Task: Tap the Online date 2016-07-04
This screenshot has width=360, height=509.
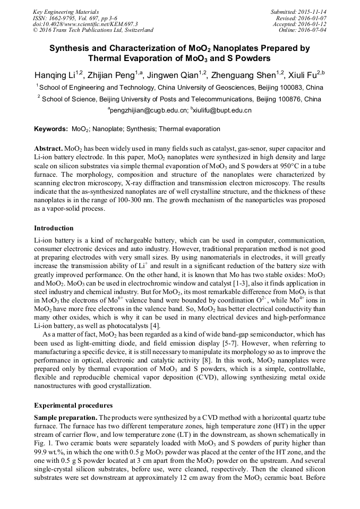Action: click(x=312, y=30)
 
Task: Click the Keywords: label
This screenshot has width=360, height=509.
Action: click(x=51, y=129)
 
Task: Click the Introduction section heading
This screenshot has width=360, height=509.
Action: click(x=54, y=228)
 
